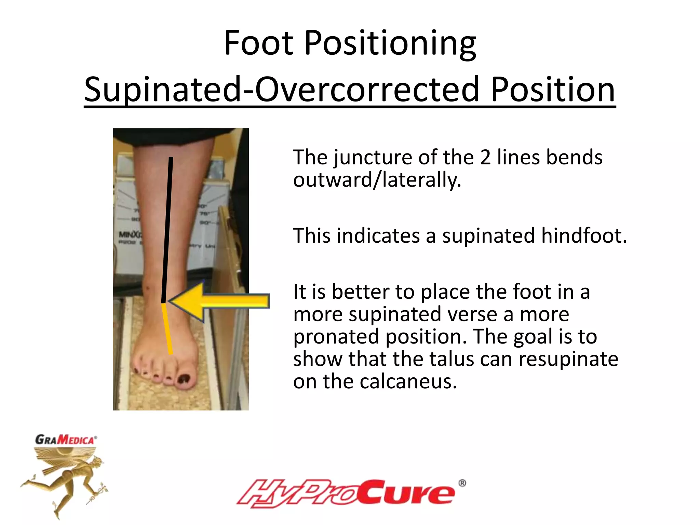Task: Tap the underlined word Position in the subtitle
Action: (x=553, y=90)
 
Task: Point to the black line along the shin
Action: (x=167, y=229)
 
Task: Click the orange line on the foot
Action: (x=167, y=328)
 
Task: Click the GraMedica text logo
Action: (x=66, y=440)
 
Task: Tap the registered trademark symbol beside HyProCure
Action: (x=462, y=483)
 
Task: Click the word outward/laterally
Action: (x=377, y=180)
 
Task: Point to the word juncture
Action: (x=374, y=158)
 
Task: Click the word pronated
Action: (x=336, y=337)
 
